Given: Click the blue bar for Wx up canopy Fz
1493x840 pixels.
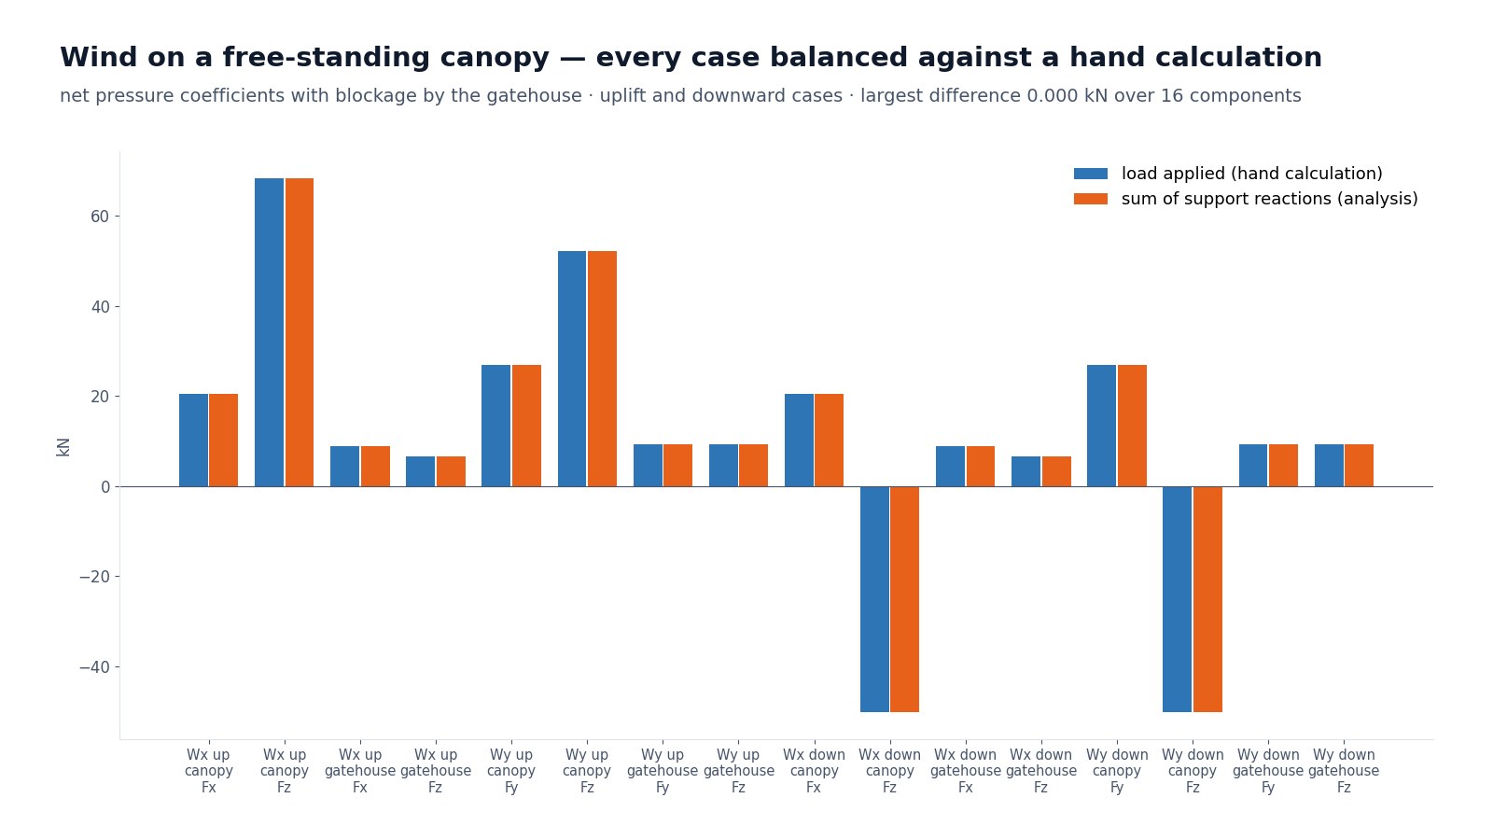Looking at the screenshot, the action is tap(270, 332).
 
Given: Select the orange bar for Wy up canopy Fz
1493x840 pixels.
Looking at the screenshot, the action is tap(603, 369).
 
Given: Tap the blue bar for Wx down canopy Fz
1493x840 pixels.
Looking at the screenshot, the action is tap(874, 599).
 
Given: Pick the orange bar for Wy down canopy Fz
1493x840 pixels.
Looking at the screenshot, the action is tap(1207, 599).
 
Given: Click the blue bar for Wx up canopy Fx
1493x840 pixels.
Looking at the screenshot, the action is tap(193, 440).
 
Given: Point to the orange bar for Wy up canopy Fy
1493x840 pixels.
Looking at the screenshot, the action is tap(526, 426).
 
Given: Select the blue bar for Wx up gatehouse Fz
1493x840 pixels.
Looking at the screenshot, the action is tap(421, 471).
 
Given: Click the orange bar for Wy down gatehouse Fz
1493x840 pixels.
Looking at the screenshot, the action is tap(1359, 466).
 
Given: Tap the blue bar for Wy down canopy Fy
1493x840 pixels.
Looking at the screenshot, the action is tap(1102, 426).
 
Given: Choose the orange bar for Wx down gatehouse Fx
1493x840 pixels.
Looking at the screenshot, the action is tap(981, 466).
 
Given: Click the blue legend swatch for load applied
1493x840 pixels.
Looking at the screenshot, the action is tap(1091, 174).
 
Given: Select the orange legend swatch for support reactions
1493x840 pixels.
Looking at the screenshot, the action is tap(1091, 200).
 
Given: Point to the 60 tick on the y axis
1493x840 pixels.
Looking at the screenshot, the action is tap(117, 217).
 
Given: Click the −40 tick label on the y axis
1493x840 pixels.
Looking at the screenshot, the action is tap(94, 667).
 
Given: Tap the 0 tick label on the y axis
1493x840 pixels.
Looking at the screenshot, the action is tap(105, 487).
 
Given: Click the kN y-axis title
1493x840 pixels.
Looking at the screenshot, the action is tap(63, 447).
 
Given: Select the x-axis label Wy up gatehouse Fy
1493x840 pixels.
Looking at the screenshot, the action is tap(663, 771).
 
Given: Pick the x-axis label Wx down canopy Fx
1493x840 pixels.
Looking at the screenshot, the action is tap(814, 771).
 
